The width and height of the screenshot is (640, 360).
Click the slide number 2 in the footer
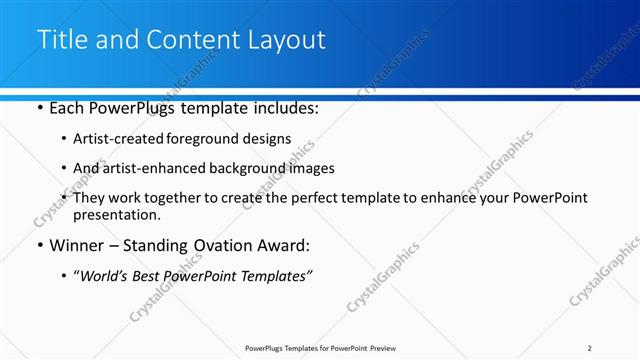coord(590,348)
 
